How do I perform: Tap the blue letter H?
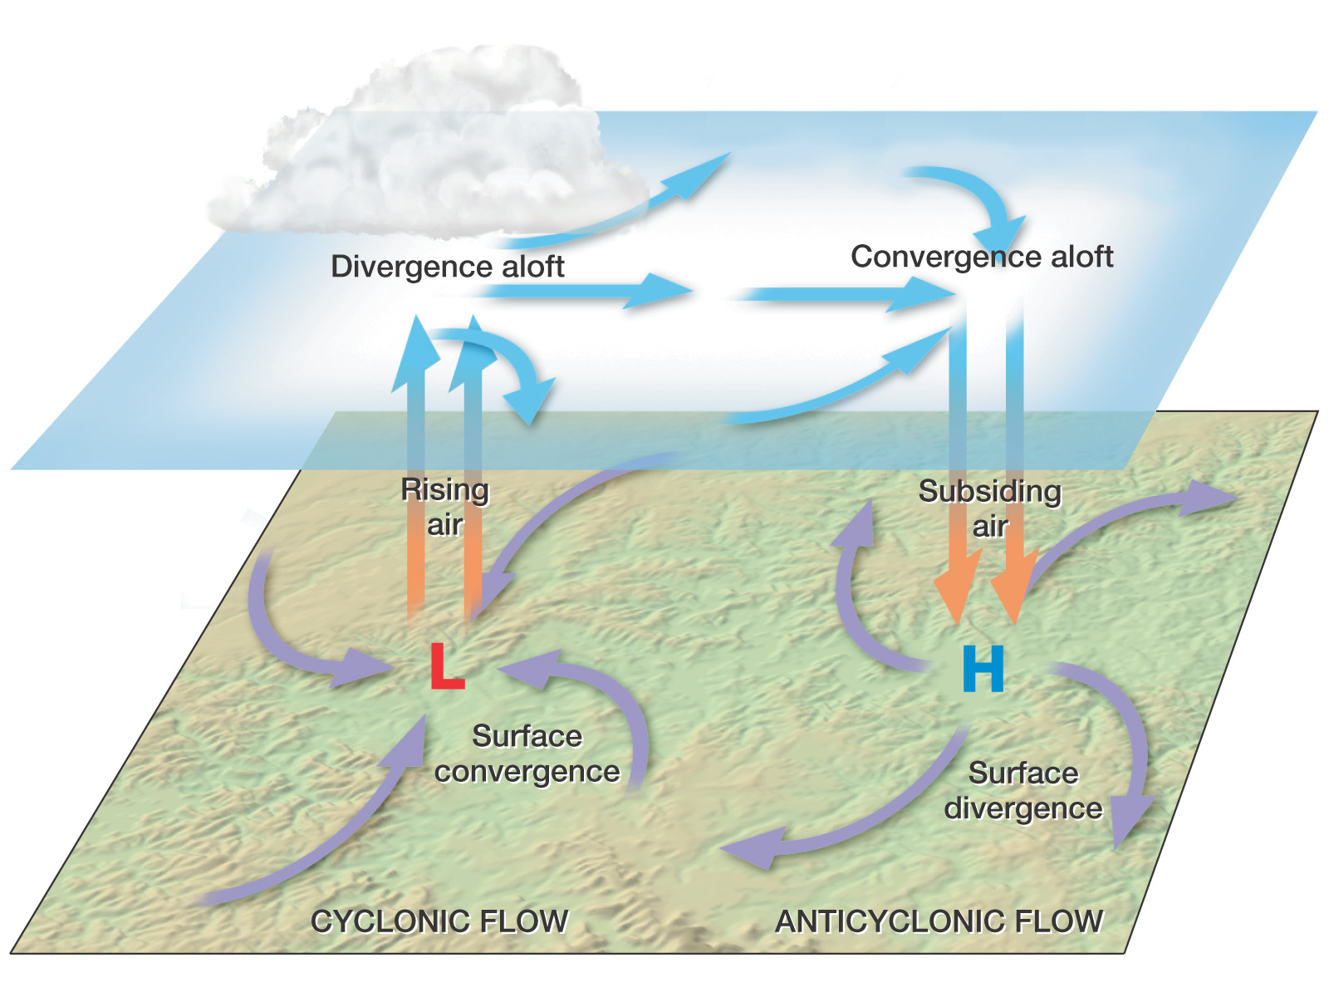(983, 670)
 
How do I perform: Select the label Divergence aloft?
(448, 267)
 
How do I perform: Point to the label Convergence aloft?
(982, 257)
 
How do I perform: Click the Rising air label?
(445, 508)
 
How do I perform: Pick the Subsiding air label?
(990, 508)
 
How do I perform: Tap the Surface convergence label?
(527, 754)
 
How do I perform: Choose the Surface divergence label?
(1023, 791)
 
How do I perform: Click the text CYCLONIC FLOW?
(439, 921)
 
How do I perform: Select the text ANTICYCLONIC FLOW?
(939, 921)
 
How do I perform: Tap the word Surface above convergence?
(527, 737)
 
